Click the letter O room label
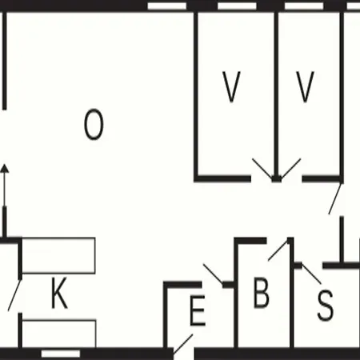(x=94, y=124)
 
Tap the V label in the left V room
(x=231, y=87)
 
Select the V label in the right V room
(x=305, y=87)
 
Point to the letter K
(x=59, y=293)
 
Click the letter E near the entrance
(x=198, y=310)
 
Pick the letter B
(x=261, y=293)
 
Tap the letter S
(x=326, y=306)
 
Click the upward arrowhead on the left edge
(x=5, y=169)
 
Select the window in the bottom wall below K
(x=61, y=354)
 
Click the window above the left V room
(x=237, y=6)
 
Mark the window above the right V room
(x=304, y=6)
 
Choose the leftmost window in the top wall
(x=167, y=6)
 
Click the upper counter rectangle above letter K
(x=58, y=255)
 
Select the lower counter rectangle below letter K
(x=58, y=334)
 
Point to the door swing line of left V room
(x=262, y=169)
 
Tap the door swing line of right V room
(x=290, y=169)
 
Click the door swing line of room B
(x=278, y=250)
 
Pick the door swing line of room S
(x=311, y=274)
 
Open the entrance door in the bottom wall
(x=183, y=344)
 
